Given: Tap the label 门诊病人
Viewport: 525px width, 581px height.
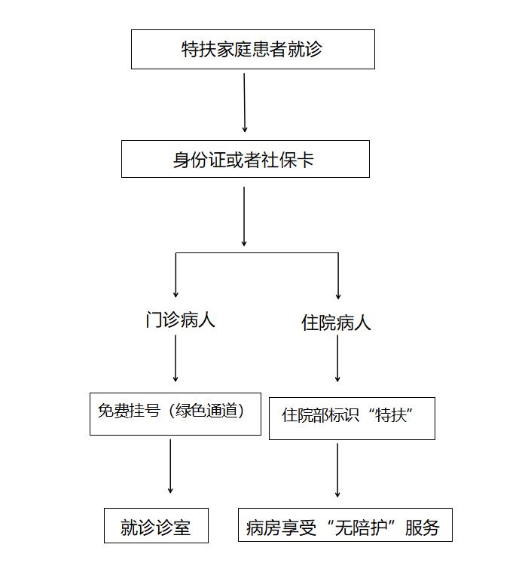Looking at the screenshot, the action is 180,320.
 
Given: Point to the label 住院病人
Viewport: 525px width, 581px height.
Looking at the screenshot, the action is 336,323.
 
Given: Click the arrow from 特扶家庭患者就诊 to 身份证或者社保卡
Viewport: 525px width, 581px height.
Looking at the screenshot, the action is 244,102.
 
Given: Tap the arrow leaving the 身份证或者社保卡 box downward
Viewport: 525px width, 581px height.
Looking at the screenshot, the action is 244,216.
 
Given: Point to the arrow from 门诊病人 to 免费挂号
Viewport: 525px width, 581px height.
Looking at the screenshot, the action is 176,358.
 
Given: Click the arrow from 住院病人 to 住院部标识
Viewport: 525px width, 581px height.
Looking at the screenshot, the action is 337,358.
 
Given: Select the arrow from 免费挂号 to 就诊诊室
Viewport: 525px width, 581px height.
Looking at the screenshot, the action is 170,466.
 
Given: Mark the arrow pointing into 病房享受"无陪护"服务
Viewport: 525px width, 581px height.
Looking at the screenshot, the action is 337,470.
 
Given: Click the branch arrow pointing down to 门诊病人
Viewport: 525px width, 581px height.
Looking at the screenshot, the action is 176,275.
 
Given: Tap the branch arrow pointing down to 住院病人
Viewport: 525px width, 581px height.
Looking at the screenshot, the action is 338,276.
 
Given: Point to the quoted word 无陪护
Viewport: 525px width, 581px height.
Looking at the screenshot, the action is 361,527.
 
